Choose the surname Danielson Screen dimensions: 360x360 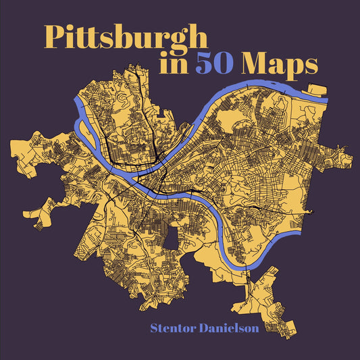pyautogui.click(x=231, y=330)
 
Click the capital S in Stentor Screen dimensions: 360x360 pyautogui.click(x=154, y=330)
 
